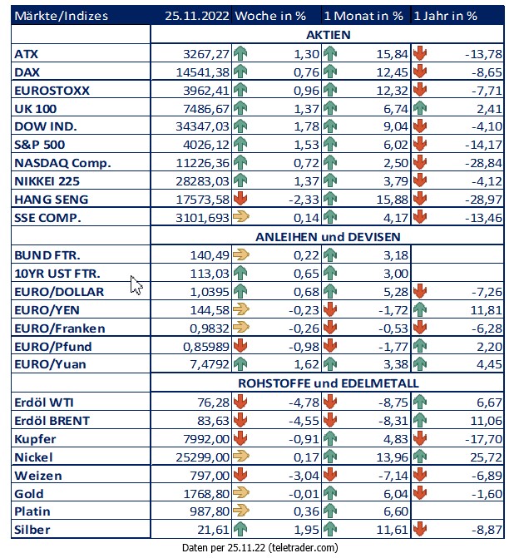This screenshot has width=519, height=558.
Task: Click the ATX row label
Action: click(x=26, y=54)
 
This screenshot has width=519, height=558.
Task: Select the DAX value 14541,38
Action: click(x=203, y=72)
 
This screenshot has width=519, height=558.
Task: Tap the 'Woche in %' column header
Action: click(x=270, y=16)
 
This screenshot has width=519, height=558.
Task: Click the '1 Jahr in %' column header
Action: click(x=445, y=16)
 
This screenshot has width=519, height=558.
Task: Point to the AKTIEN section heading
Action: click(x=329, y=35)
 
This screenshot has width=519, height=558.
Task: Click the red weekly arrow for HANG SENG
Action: click(x=240, y=199)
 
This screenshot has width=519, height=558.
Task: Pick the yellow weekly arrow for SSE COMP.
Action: click(x=241, y=216)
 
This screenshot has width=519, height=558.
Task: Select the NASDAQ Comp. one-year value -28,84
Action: click(x=483, y=163)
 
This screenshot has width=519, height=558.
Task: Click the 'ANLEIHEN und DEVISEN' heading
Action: click(x=328, y=237)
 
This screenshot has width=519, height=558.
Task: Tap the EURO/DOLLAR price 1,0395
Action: click(x=210, y=292)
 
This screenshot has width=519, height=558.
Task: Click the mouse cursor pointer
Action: click(x=136, y=285)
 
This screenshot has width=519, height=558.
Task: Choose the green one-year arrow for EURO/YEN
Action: click(x=420, y=309)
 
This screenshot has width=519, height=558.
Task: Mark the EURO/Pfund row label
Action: click(x=53, y=347)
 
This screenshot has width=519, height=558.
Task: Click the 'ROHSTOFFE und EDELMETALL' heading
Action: click(x=329, y=383)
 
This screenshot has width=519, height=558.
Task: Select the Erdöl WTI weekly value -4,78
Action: click(x=304, y=402)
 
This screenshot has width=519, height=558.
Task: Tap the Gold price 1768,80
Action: click(x=206, y=494)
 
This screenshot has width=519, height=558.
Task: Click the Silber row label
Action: click(x=32, y=530)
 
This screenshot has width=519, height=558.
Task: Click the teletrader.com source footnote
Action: click(x=259, y=548)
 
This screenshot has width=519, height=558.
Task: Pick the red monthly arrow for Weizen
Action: click(x=330, y=475)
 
